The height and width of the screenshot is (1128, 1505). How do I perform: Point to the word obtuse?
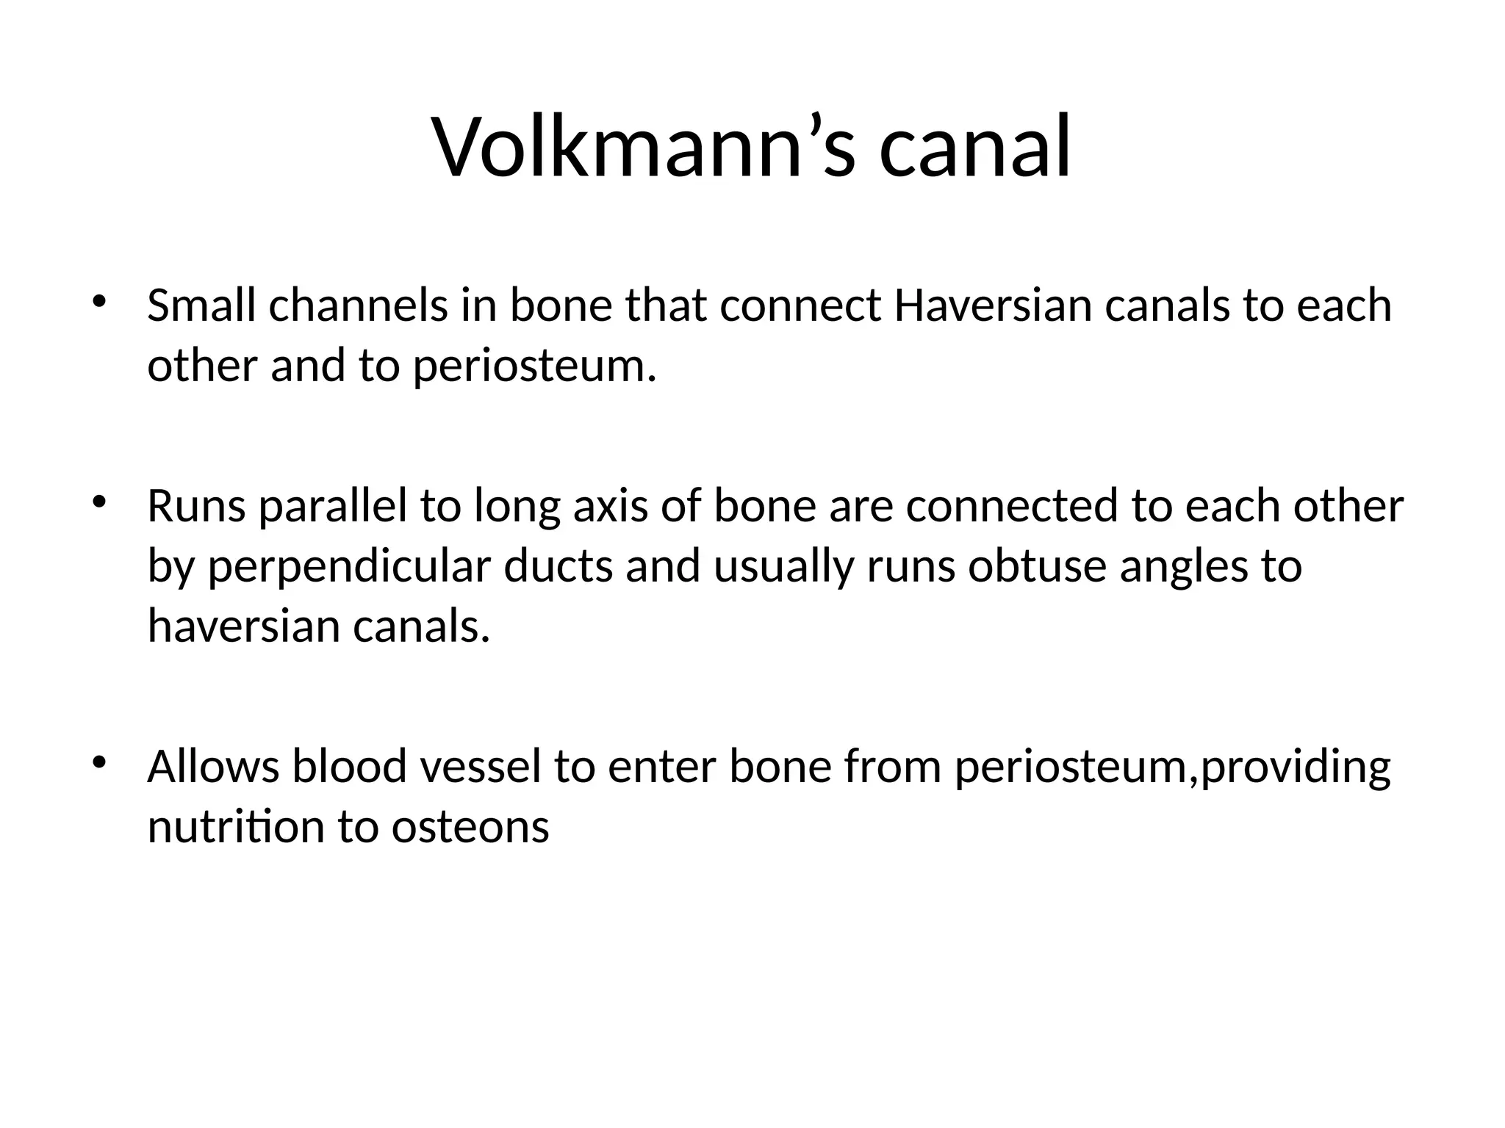pyautogui.click(x=1037, y=566)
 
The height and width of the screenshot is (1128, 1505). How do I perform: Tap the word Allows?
pyautogui.click(x=213, y=767)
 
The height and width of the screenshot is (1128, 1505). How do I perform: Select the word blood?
pyautogui.click(x=349, y=767)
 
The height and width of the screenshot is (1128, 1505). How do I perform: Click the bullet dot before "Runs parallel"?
pyautogui.click(x=99, y=503)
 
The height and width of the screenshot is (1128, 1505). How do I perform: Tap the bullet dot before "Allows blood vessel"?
pyautogui.click(x=99, y=763)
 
